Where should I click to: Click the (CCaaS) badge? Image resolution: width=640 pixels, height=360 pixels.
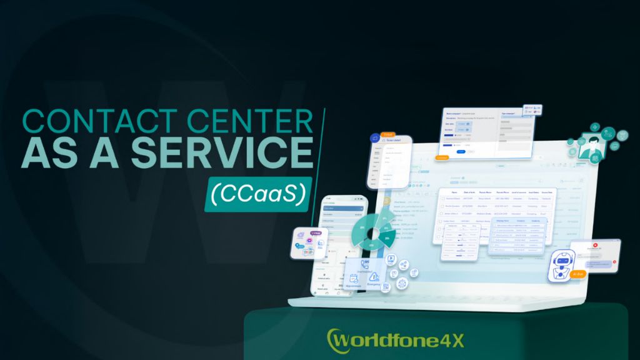pyautogui.click(x=257, y=194)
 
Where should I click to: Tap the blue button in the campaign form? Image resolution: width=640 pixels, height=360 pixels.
pyautogui.click(x=461, y=151)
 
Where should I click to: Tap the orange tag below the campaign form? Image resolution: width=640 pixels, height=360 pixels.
pyautogui.click(x=442, y=158)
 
